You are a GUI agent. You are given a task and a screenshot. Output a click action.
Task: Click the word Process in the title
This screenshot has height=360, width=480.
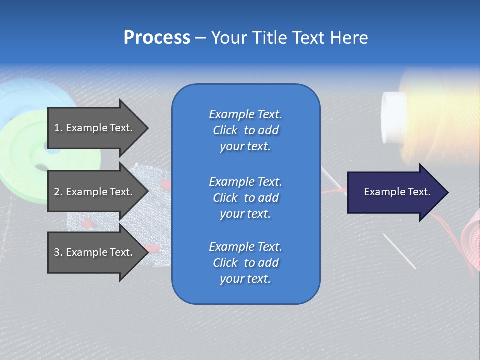coord(157,38)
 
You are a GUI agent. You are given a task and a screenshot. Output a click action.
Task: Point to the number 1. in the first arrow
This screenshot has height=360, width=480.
coord(58,128)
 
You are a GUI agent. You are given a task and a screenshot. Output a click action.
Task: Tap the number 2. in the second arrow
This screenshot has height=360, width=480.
coord(58,192)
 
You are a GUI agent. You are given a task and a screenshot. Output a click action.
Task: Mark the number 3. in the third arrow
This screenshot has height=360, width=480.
coord(58,252)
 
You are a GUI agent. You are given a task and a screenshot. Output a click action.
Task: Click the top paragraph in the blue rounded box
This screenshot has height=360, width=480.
coord(245,130)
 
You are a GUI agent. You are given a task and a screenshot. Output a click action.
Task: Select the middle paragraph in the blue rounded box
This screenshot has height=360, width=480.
coord(245,198)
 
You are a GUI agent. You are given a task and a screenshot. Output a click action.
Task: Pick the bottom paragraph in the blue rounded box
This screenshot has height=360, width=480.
coord(245,263)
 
